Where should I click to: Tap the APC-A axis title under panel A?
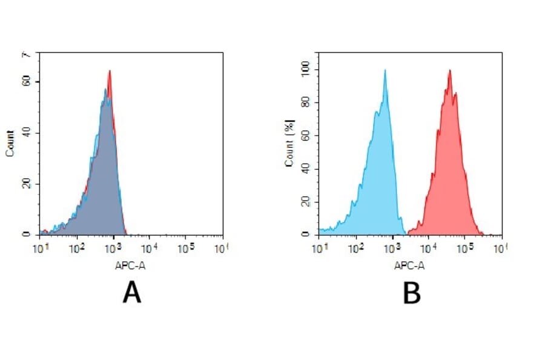(x=129, y=265)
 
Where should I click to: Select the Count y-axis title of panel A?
(x=10, y=144)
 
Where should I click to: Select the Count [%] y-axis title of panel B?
(x=289, y=144)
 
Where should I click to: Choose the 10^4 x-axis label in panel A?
(x=149, y=248)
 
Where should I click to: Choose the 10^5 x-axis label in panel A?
(x=186, y=248)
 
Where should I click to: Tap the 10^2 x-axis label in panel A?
(x=76, y=248)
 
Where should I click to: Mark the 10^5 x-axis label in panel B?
(x=465, y=248)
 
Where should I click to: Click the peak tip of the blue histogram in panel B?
(x=385, y=70)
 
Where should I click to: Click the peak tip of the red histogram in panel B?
(x=449, y=70)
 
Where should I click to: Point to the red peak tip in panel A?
(x=110, y=71)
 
